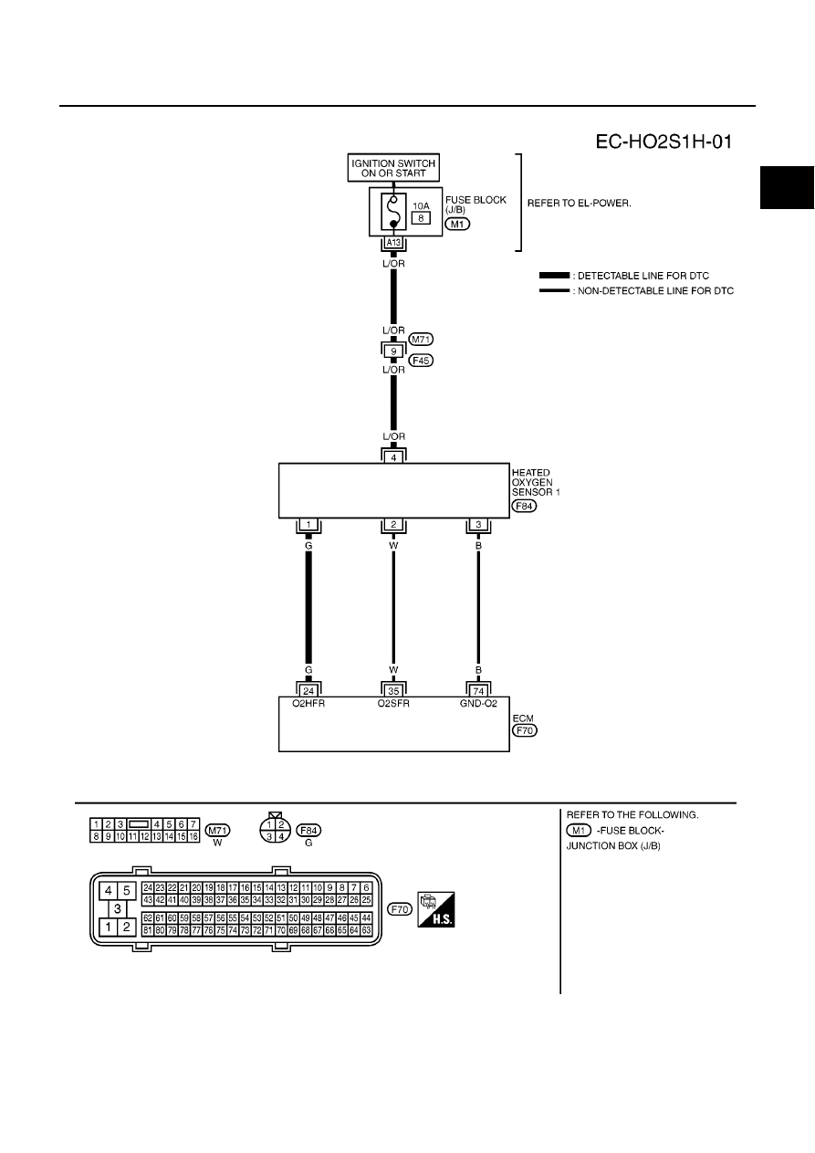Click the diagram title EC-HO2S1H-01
click(663, 142)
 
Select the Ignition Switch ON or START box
click(393, 168)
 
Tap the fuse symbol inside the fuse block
click(393, 211)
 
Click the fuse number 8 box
click(421, 218)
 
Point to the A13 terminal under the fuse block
click(393, 243)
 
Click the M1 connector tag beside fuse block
click(457, 224)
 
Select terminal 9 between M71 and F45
click(393, 351)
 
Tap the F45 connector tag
click(421, 361)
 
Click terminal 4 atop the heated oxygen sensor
click(393, 457)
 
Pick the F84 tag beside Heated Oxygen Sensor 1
click(524, 506)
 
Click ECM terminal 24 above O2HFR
click(308, 691)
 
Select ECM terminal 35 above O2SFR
click(393, 691)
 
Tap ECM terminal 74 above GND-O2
click(478, 691)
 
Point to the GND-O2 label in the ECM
click(478, 703)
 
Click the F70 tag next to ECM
click(524, 730)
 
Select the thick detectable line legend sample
click(554, 276)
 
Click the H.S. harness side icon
click(436, 909)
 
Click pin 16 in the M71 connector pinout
click(193, 836)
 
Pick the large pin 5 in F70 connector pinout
click(126, 890)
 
